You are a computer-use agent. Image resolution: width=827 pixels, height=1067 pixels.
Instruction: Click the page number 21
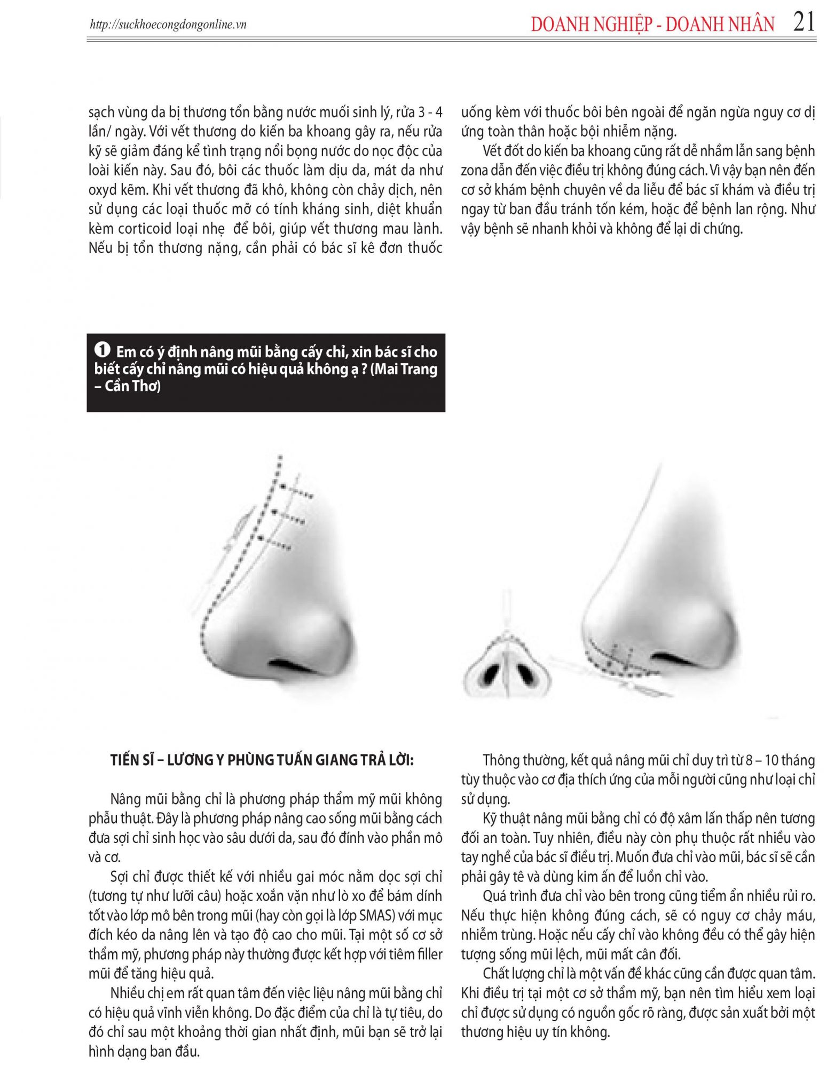coord(804,22)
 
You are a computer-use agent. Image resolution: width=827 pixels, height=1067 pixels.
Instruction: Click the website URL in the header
coord(168,25)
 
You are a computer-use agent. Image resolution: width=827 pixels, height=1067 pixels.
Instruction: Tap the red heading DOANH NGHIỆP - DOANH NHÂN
coord(652,25)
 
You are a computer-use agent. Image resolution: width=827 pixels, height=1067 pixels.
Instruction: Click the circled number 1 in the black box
coord(103,350)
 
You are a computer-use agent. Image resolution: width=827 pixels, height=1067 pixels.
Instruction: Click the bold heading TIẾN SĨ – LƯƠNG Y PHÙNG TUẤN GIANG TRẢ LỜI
coord(262,760)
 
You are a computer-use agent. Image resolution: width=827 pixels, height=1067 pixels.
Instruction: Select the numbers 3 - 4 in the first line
coord(430,112)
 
